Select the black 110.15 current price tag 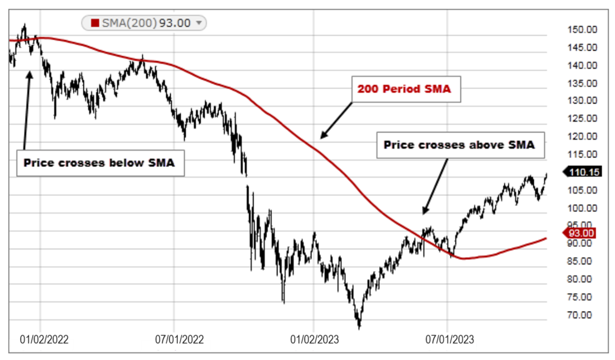tap(584, 172)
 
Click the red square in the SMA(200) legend tap(95, 23)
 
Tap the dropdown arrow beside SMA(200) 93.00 tap(199, 23)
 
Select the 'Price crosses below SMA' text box tap(100, 163)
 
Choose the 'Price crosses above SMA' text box tap(459, 145)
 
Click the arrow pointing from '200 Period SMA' tap(336, 120)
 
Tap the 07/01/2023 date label tap(449, 338)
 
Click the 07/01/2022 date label tap(179, 338)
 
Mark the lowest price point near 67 tap(359, 327)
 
